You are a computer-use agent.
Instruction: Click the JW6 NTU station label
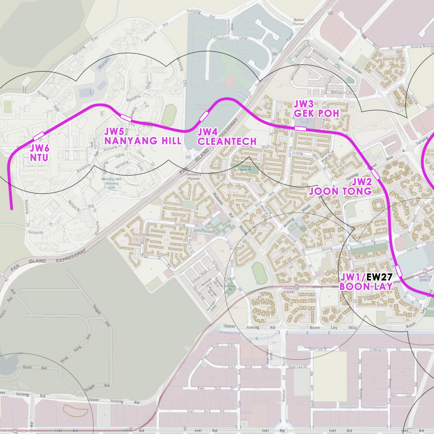(39, 153)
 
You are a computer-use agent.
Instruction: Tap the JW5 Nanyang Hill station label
(143, 136)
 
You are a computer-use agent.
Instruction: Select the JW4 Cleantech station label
(227, 137)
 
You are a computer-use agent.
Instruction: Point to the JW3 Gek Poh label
(316, 109)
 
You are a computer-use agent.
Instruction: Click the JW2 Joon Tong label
(341, 187)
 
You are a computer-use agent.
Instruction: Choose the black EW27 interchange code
(379, 277)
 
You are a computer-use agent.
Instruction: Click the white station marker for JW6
(38, 136)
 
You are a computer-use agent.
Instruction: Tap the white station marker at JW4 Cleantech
(204, 116)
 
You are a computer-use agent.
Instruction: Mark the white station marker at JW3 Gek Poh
(300, 128)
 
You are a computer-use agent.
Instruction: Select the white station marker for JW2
(375, 174)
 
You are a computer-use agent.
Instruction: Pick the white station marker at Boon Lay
(399, 271)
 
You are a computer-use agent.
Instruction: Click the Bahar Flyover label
(299, 22)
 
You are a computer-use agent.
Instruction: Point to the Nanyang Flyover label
(194, 176)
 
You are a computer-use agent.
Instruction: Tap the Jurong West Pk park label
(246, 168)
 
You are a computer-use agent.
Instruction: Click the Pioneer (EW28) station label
(288, 290)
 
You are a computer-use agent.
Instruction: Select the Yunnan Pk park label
(230, 288)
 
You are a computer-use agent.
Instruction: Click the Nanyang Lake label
(111, 183)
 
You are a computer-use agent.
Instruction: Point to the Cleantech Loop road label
(230, 38)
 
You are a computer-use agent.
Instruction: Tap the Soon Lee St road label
(318, 349)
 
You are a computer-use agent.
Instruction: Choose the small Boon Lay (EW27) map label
(425, 278)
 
